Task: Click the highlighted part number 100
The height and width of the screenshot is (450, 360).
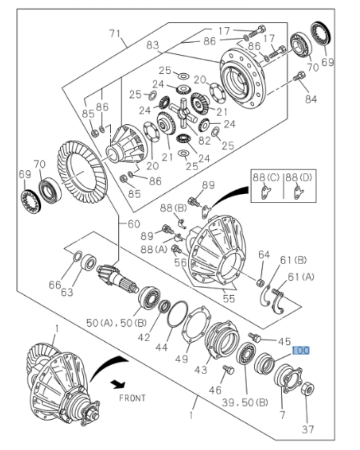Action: point(301,350)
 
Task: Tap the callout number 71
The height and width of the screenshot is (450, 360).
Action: point(114,34)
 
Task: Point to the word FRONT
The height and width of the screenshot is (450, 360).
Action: point(132,397)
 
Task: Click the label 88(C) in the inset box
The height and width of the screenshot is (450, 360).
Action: point(266,177)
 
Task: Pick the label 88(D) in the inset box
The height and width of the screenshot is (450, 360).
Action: point(298,177)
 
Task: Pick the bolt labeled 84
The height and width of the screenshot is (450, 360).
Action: point(299,77)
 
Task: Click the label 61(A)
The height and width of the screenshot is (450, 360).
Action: point(300,277)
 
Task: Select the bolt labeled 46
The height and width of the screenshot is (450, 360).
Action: point(228,371)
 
